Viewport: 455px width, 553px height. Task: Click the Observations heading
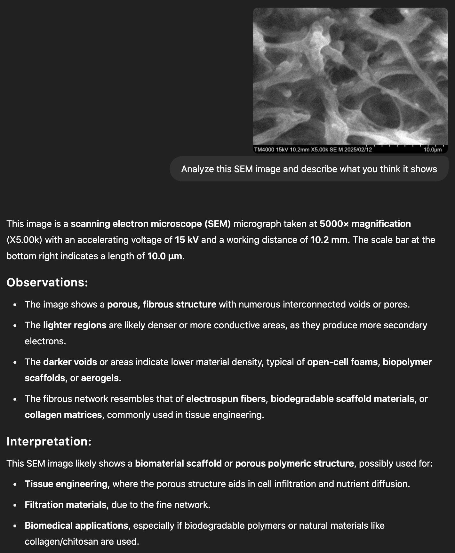[x=47, y=283]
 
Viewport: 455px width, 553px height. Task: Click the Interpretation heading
[x=49, y=442]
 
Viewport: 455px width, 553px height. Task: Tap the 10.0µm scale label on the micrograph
[x=433, y=150]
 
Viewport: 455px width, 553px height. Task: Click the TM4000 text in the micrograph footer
[x=264, y=150]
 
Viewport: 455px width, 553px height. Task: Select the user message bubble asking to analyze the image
[x=309, y=169]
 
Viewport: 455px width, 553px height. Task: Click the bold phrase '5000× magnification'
[x=365, y=224]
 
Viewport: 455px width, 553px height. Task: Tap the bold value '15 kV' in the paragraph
[x=187, y=240]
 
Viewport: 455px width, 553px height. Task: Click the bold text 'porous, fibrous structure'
[x=162, y=304]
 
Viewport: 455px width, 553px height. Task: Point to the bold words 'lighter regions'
[x=75, y=325]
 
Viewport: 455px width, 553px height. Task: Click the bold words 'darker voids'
[x=70, y=362]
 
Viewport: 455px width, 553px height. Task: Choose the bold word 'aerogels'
[x=100, y=378]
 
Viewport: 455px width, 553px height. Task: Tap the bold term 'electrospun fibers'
[x=226, y=399]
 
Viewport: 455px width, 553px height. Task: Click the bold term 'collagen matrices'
[x=63, y=415]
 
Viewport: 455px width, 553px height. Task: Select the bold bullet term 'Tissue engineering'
[x=66, y=484]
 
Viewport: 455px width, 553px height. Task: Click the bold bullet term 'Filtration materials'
[x=66, y=505]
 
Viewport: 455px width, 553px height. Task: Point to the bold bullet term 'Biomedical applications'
[x=76, y=525]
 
